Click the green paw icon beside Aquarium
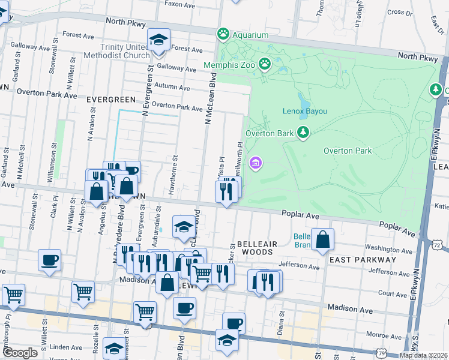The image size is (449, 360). click(224, 34)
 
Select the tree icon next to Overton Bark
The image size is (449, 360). click(303, 132)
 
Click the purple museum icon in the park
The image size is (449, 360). click(256, 163)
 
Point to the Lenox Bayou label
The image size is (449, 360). click(305, 111)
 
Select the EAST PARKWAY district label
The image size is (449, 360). click(363, 259)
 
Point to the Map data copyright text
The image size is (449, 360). click(423, 355)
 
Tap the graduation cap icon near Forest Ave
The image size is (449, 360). click(158, 40)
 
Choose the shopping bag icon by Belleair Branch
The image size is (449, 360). click(323, 239)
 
